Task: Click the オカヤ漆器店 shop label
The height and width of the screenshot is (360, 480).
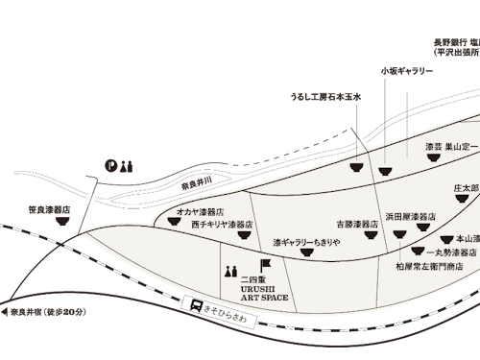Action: coord(201,210)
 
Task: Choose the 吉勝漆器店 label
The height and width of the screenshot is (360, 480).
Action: coord(360,224)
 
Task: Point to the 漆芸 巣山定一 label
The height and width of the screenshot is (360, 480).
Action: coord(451,148)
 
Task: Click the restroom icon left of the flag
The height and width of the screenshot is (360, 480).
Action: coord(229,271)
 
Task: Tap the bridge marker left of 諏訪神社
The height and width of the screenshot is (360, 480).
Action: coord(89,199)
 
